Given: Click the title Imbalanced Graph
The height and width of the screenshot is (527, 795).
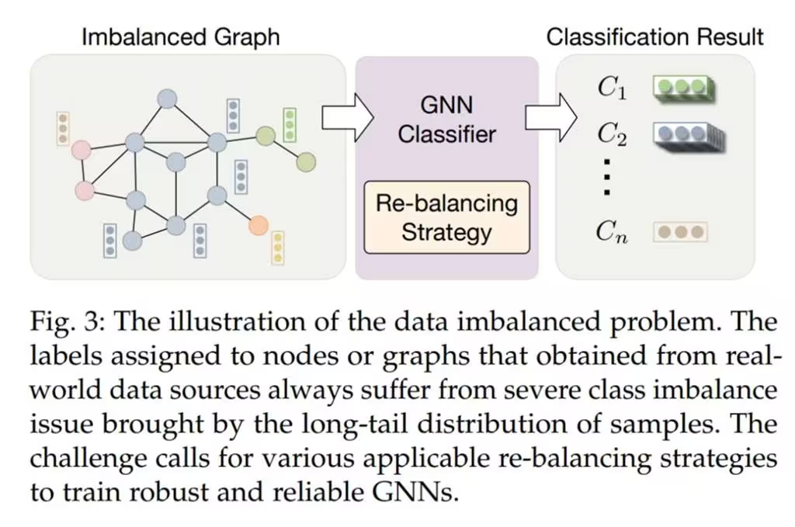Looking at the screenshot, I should pyautogui.click(x=180, y=36).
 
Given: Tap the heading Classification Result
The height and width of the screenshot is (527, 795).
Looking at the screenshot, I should pyautogui.click(x=655, y=36).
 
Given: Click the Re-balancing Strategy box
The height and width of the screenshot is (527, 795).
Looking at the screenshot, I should pyautogui.click(x=446, y=217).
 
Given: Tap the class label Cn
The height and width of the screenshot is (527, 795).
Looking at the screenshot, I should pyautogui.click(x=613, y=231).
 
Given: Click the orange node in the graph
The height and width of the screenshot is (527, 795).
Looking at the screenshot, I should pyautogui.click(x=259, y=226).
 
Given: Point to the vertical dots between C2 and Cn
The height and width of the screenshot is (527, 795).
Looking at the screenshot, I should pyautogui.click(x=609, y=178).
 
